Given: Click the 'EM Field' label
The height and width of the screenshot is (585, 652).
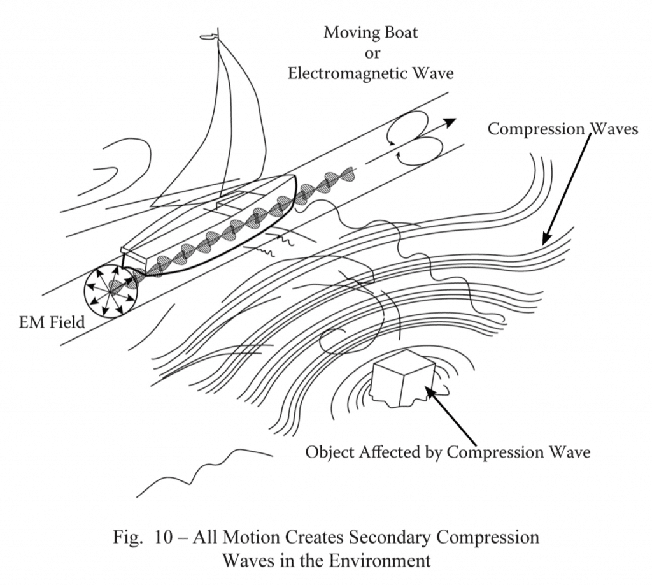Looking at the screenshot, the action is point(52,322).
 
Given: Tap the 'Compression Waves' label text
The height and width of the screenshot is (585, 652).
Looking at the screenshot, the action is point(563,129).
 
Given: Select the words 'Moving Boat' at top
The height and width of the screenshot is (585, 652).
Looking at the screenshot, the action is point(371,32).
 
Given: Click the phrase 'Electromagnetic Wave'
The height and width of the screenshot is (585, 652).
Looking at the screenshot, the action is point(371,74).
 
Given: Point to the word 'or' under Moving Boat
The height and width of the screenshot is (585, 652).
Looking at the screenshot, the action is point(372,54).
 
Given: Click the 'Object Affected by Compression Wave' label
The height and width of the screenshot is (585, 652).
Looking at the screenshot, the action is point(448,452).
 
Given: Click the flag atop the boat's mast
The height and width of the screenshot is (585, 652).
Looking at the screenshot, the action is point(209,37).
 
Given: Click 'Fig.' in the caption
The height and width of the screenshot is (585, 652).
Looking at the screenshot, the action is point(127,537).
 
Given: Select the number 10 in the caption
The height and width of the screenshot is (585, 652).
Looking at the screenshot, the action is point(162,537).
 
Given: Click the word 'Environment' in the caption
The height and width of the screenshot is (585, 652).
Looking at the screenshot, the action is point(379,560).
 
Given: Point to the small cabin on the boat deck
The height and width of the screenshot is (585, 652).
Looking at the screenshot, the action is point(231,199).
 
